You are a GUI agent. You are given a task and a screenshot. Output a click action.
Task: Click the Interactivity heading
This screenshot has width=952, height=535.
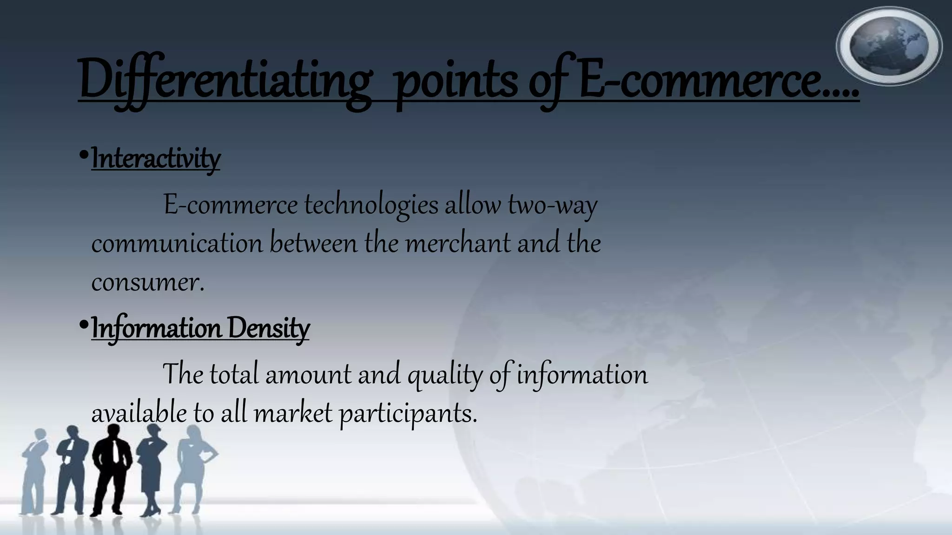pos(156,158)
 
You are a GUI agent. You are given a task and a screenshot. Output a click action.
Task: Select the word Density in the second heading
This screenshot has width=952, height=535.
pos(268,328)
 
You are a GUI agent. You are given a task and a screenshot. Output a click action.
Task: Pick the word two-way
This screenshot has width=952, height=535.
pos(552,205)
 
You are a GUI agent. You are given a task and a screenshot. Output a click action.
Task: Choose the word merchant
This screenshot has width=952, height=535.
pos(458,243)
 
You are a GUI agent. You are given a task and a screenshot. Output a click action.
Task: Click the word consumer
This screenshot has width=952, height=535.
pos(147,282)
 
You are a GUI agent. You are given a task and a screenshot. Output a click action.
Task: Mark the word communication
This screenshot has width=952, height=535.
pos(177,243)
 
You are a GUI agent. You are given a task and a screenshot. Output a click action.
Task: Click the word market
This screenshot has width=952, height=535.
pos(293,413)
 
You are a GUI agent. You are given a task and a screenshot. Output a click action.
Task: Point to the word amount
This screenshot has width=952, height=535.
pos(308,375)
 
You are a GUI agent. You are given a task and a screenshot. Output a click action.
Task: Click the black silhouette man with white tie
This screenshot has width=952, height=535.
pos(111,469)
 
